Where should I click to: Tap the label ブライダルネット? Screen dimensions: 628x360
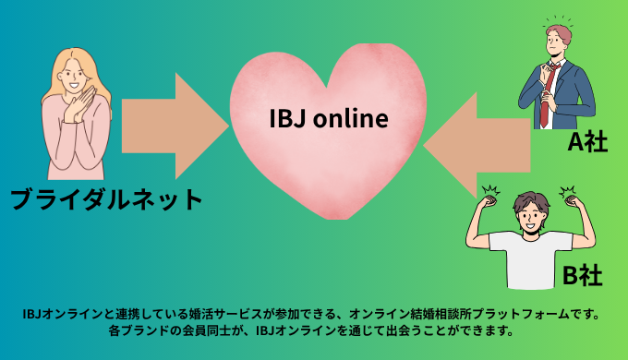click(x=105, y=198)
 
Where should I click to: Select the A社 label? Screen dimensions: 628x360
click(x=587, y=142)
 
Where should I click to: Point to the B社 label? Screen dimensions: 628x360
click(x=583, y=275)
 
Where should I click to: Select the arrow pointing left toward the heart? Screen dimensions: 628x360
click(x=481, y=138)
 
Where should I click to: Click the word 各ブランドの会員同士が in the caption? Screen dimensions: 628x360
click(x=175, y=330)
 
